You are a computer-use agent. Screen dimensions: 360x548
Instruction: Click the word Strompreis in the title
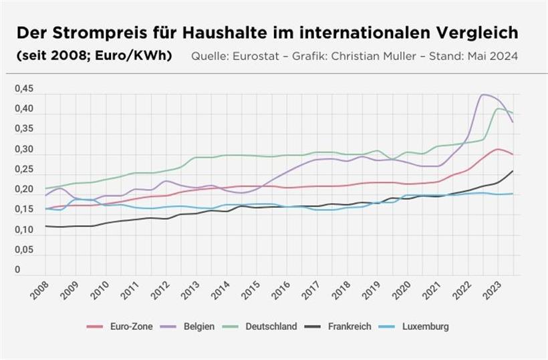(98, 33)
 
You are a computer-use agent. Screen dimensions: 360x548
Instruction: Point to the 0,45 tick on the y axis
(23, 89)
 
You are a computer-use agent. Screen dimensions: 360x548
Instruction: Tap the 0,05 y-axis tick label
(23, 250)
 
